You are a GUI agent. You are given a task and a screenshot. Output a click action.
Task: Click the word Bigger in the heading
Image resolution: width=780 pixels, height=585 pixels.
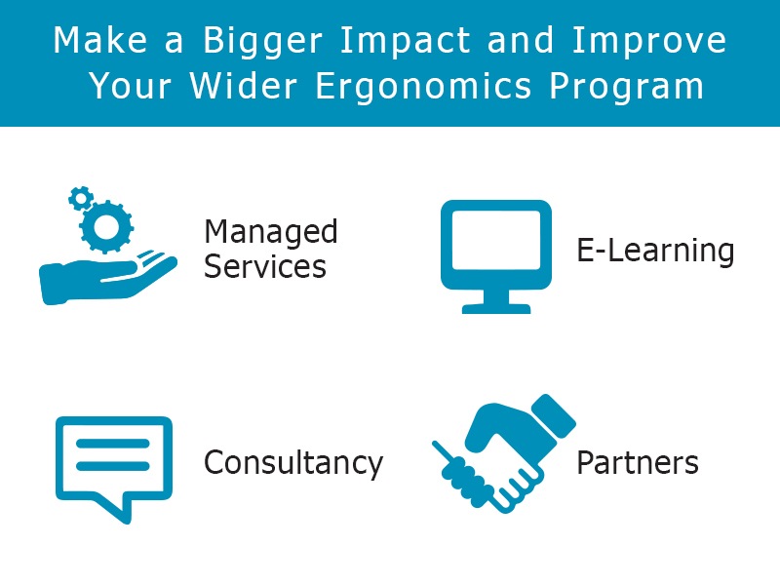(x=262, y=42)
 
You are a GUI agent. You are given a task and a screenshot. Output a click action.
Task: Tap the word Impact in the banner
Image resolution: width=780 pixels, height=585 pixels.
(x=405, y=41)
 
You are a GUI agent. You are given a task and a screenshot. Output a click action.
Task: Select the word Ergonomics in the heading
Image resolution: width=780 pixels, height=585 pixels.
(x=423, y=87)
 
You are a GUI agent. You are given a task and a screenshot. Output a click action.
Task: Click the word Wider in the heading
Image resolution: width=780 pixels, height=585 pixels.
(x=243, y=86)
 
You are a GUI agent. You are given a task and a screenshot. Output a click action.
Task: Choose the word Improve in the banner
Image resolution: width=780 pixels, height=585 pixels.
(x=649, y=42)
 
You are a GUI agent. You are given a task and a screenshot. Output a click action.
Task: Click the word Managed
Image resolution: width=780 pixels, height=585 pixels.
(x=271, y=233)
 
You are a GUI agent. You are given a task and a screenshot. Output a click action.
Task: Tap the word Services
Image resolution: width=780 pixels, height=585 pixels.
(x=264, y=266)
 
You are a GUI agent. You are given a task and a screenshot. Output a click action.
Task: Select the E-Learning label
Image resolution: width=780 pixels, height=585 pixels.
(x=655, y=252)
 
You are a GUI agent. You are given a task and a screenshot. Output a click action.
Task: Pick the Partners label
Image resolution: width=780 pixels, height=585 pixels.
(x=638, y=462)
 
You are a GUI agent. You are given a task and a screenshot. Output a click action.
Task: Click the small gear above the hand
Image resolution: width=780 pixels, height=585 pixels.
(x=81, y=198)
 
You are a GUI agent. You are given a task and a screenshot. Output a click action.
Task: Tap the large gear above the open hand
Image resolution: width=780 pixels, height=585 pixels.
(x=106, y=227)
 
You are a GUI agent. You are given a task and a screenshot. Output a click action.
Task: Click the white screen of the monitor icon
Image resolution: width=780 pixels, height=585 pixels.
(x=496, y=240)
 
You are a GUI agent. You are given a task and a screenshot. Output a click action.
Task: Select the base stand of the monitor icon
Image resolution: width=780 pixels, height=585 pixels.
(x=496, y=309)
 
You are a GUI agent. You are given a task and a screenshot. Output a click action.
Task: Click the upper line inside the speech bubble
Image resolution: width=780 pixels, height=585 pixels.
(x=113, y=444)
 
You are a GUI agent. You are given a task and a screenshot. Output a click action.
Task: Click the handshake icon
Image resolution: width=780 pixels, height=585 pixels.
(x=504, y=452)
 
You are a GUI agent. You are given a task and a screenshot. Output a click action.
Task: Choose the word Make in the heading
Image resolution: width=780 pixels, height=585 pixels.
(x=100, y=40)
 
